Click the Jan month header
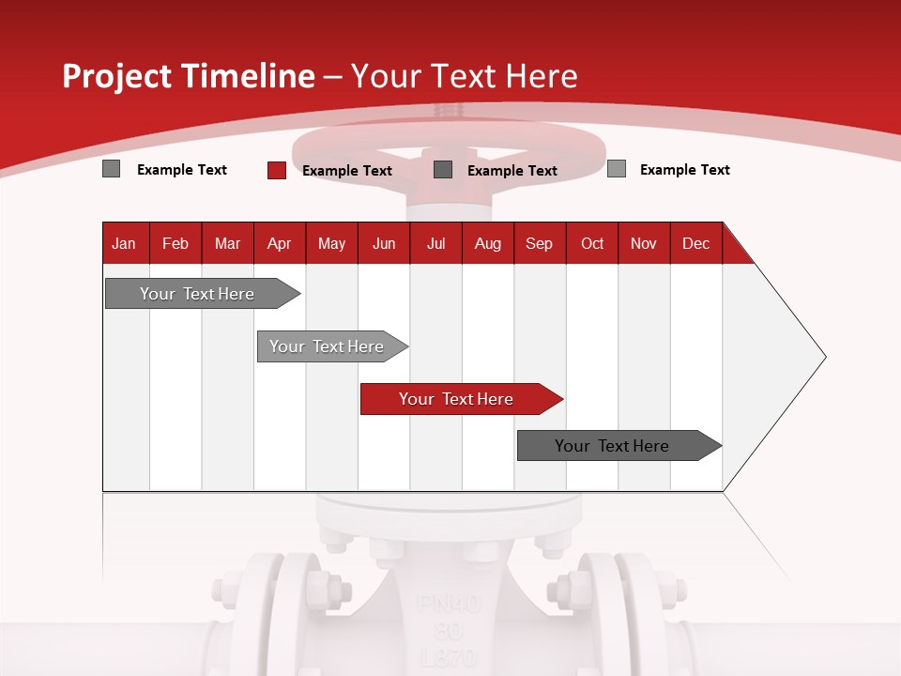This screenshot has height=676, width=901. pyautogui.click(x=124, y=244)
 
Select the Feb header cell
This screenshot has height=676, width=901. pyautogui.click(x=176, y=244)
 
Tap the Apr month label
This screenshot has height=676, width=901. pyautogui.click(x=279, y=244)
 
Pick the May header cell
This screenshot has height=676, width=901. pyautogui.click(x=331, y=244)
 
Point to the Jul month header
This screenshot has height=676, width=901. pyautogui.click(x=435, y=244)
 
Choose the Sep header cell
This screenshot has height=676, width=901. pyautogui.click(x=539, y=244)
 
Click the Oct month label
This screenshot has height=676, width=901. pyautogui.click(x=592, y=244)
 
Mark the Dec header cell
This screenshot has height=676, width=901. pyautogui.click(x=695, y=244)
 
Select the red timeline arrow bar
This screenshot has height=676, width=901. pyautogui.click(x=460, y=399)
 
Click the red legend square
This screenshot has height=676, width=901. pyautogui.click(x=277, y=170)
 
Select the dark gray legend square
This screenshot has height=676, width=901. pyautogui.click(x=443, y=170)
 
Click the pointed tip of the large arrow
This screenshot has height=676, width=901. pyautogui.click(x=824, y=357)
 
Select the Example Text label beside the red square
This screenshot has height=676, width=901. pyautogui.click(x=347, y=171)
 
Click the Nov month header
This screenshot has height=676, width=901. pyautogui.click(x=644, y=244)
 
